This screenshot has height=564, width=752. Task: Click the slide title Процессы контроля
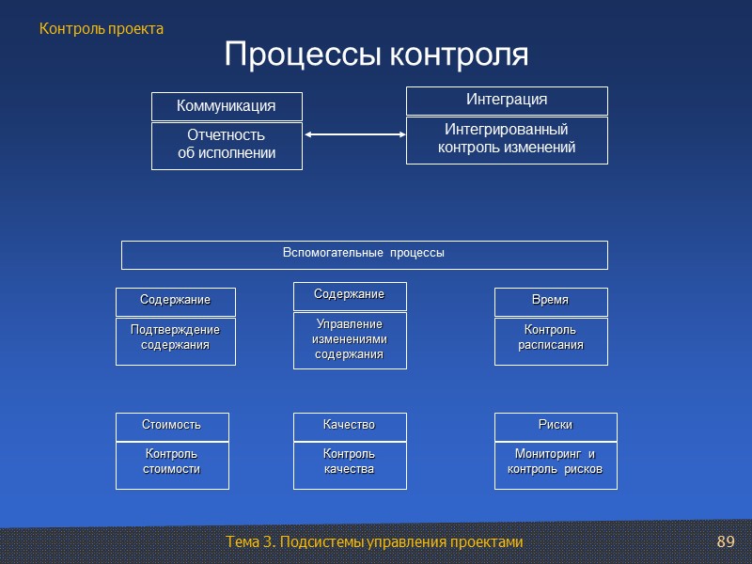point(376,55)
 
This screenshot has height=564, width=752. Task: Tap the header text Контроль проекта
point(102,29)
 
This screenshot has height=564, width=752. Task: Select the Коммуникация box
point(227,106)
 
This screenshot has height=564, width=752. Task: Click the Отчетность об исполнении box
point(227,146)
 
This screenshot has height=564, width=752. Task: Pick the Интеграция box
point(507,101)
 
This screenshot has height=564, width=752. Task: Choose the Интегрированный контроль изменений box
point(507,140)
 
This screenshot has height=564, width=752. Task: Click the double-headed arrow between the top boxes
point(353,135)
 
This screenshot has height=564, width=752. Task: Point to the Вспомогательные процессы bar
point(364,254)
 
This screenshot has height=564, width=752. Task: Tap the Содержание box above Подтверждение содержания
point(175,301)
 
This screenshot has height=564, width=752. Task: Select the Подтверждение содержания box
point(175,340)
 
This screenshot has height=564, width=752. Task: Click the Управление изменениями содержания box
point(350,340)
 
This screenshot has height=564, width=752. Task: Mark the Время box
point(551,301)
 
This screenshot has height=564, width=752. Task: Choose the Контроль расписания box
point(551,340)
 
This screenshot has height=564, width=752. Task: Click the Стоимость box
point(172,426)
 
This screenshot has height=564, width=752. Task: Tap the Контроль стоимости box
point(172,464)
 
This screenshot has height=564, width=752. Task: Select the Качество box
point(350,426)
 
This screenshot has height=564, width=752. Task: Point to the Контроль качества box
point(350,464)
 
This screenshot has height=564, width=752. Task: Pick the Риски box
point(556,426)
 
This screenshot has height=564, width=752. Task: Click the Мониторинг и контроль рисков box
point(556,464)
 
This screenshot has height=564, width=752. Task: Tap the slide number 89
point(725,542)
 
